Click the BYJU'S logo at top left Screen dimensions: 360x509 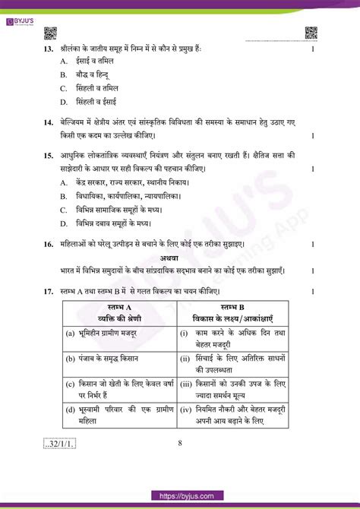[x=24, y=7]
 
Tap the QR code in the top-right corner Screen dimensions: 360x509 [x=311, y=33]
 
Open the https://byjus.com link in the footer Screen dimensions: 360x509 [x=179, y=497]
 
